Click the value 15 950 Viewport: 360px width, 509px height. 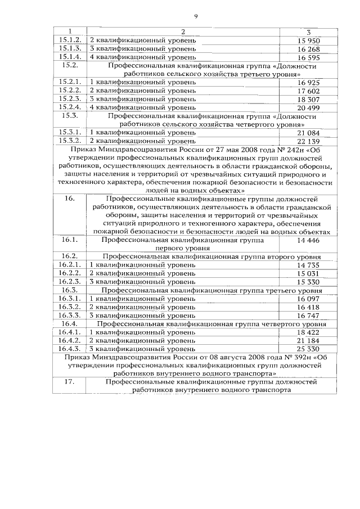pyautogui.click(x=308, y=40)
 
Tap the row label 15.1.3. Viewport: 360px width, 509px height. pyautogui.click(x=70, y=48)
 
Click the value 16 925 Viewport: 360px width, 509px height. pyautogui.click(x=308, y=82)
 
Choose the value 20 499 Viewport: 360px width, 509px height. pyautogui.click(x=308, y=107)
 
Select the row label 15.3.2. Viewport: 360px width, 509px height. pyautogui.click(x=70, y=140)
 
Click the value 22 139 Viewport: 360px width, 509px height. pyautogui.click(x=308, y=140)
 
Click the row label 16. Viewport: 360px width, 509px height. pyautogui.click(x=70, y=199)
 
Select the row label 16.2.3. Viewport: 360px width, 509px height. pyautogui.click(x=70, y=281)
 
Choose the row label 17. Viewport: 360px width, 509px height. pyautogui.click(x=70, y=382)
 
